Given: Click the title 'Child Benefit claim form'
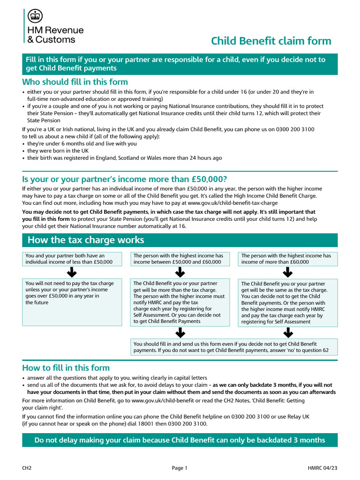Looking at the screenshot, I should click(271, 41).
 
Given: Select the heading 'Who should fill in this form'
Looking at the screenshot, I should click(75, 82).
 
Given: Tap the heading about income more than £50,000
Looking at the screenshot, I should click(125, 180).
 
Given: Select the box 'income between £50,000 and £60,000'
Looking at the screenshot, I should click(180, 259).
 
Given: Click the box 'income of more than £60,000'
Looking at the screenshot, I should click(288, 259).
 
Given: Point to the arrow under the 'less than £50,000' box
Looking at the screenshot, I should click(72, 272).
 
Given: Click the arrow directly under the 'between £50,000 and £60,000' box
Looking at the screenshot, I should click(180, 272).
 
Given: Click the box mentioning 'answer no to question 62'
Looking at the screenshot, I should click(233, 347).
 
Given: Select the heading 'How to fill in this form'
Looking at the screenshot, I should click(66, 368).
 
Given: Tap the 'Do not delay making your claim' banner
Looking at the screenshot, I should click(180, 440).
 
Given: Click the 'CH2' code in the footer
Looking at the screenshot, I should click(27, 468).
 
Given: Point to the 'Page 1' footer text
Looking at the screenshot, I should click(180, 468).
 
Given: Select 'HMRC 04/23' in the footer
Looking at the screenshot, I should click(322, 468).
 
